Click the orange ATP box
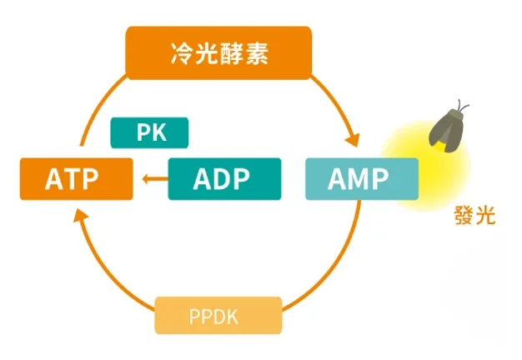point(77,179)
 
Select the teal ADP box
point(224,179)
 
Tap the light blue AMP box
point(362,179)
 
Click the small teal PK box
point(149,132)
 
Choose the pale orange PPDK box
point(218,315)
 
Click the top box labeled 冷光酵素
point(218,53)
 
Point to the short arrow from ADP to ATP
point(155,179)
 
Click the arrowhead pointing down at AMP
point(353,140)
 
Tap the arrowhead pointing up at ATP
point(80,216)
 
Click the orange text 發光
point(474,216)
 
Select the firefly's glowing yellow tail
point(440,146)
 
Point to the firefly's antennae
point(463,106)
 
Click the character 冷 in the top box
point(182,53)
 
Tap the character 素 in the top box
point(257,53)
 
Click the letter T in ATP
point(71,179)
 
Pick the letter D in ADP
point(221,179)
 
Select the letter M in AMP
point(359,179)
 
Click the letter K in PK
point(159,132)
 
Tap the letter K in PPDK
point(232,317)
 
